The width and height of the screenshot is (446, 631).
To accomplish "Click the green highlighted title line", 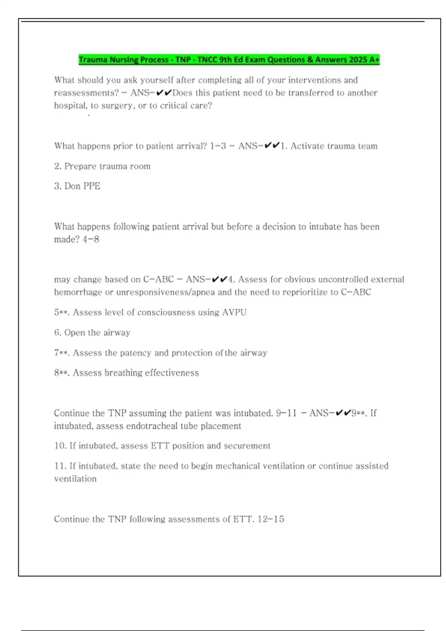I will [x=229, y=60].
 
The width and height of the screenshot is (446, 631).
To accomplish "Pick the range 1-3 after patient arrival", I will [x=218, y=146].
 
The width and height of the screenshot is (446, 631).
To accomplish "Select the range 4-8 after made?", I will [x=91, y=239].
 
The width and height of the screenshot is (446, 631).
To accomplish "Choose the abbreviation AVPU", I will [x=234, y=312].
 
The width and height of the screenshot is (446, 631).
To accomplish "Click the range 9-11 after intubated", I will [x=287, y=413].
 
